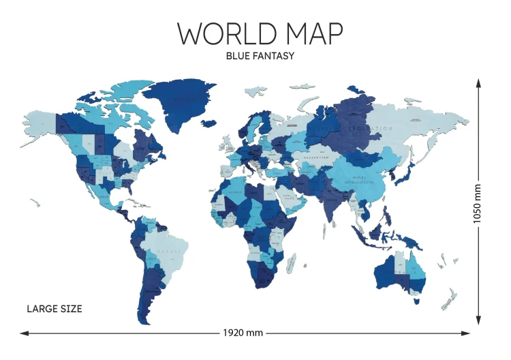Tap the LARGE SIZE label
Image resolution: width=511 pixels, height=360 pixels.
click(x=55, y=309)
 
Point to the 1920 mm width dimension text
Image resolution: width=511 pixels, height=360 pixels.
click(x=243, y=333)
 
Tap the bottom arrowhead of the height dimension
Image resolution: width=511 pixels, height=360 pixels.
click(x=478, y=321)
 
